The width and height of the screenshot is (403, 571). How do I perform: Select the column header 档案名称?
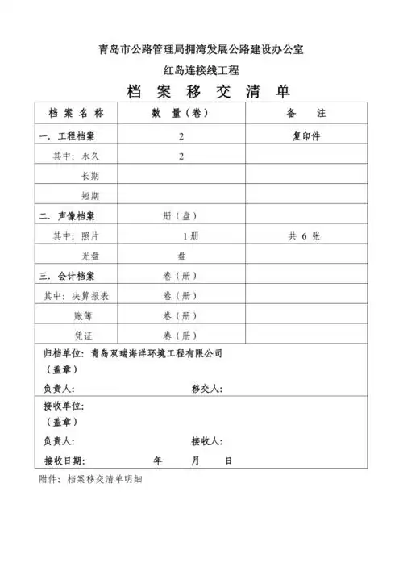[x=77, y=115]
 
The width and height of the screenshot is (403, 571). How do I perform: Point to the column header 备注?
[x=305, y=115]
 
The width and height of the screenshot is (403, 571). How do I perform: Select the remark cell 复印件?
[x=306, y=136]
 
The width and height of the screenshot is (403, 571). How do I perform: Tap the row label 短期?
[x=89, y=196]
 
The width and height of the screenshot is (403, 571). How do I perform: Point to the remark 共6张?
[x=305, y=235]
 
